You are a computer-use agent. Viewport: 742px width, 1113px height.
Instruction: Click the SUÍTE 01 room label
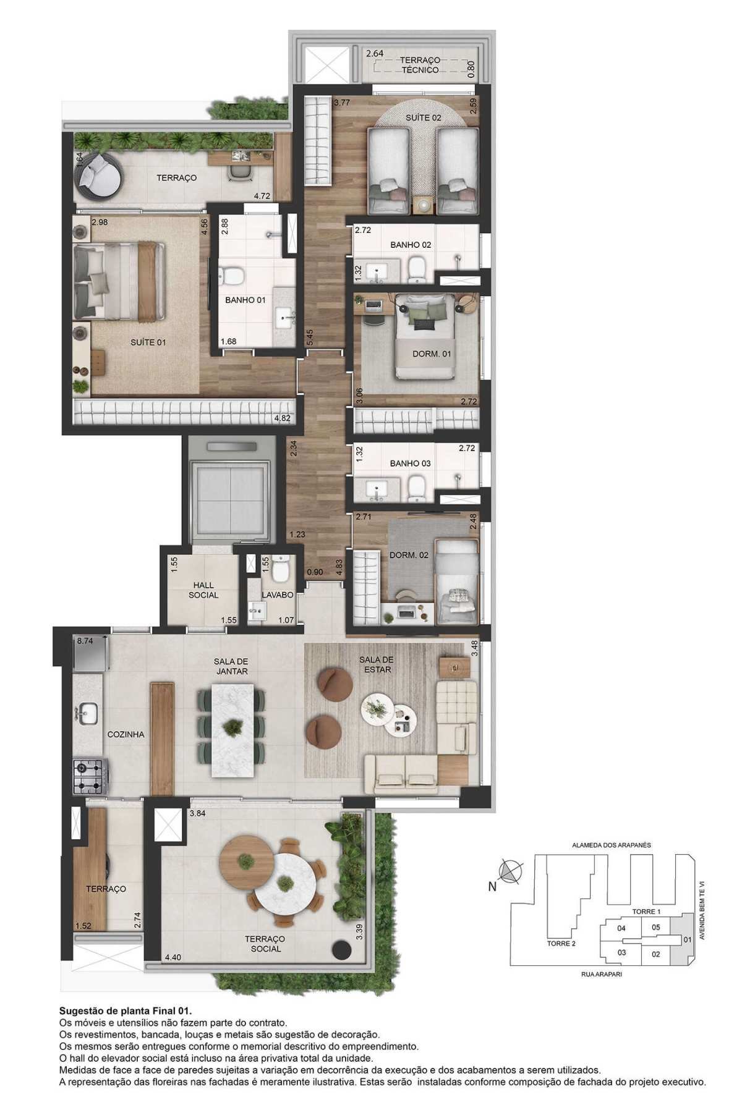point(148,342)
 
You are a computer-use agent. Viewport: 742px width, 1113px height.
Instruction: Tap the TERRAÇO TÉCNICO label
point(420,65)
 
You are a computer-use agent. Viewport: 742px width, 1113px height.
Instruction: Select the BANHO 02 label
point(411,245)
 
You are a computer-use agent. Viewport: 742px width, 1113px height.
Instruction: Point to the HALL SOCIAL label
point(203,590)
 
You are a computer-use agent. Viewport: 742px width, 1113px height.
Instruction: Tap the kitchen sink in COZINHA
point(86,713)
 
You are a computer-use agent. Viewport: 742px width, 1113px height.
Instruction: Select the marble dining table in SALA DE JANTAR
point(232,730)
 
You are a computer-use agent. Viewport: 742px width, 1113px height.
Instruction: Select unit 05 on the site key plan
point(656,927)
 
